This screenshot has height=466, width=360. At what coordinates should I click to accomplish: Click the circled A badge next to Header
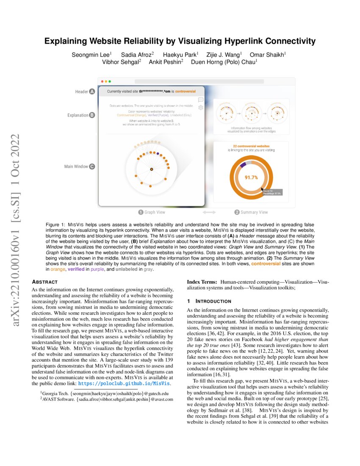[x=92, y=91]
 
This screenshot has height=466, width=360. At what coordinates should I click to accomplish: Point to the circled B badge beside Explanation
[x=92, y=115]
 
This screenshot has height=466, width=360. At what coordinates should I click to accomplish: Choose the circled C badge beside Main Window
[x=92, y=167]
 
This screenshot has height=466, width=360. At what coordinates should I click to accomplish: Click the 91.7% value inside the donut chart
[x=251, y=178]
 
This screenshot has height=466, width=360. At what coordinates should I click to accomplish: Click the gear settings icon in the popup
[x=201, y=108]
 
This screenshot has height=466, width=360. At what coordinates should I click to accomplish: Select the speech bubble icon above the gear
[x=201, y=100]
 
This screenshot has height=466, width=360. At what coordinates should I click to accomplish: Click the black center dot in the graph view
[x=151, y=169]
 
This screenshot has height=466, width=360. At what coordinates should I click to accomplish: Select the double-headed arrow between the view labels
[x=209, y=212]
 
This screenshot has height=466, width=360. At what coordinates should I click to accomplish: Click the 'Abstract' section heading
[x=45, y=281]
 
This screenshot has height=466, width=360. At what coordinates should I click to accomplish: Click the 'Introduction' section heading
[x=212, y=301]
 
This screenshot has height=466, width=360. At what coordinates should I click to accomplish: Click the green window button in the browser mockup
[x=110, y=81]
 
